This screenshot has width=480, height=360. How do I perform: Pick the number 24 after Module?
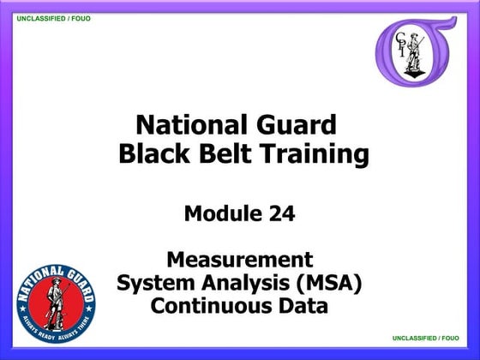tap(279, 214)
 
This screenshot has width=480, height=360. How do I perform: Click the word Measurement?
tap(239, 259)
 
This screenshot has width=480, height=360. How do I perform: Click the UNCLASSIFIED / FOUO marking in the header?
tap(54, 18)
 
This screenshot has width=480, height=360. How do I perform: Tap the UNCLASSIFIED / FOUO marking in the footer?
tap(426, 339)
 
